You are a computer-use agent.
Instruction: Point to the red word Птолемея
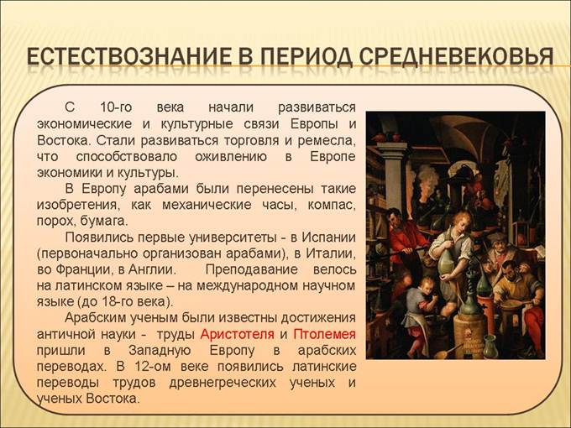pyautogui.click(x=325, y=334)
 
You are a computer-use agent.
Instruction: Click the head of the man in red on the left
pyautogui.click(x=396, y=217)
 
